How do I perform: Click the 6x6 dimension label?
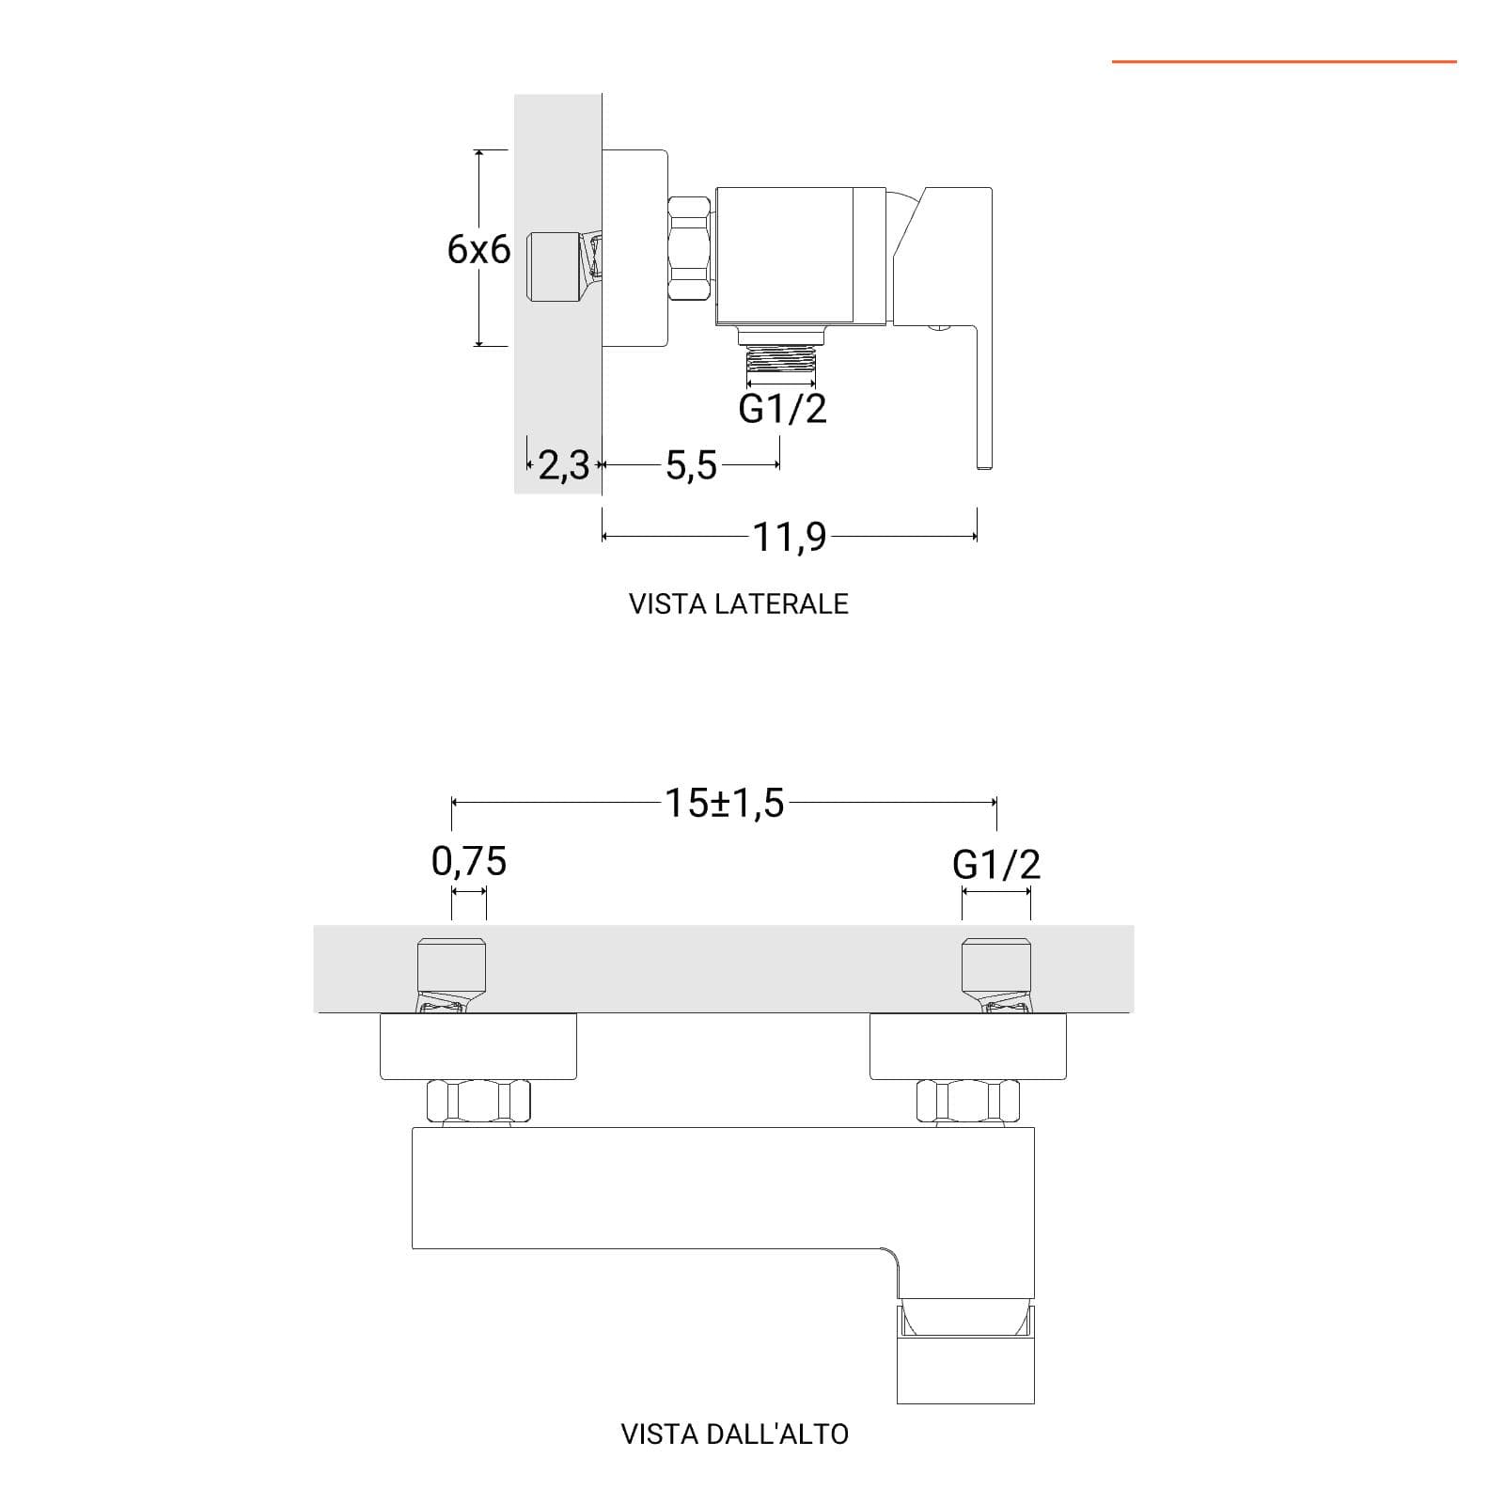(478, 249)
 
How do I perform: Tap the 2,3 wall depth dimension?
(563, 464)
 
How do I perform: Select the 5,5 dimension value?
(691, 465)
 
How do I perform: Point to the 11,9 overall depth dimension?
(790, 537)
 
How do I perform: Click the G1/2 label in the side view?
(782, 409)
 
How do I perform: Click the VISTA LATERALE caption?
(739, 603)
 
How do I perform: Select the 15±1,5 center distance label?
(724, 803)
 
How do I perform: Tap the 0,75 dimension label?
(469, 861)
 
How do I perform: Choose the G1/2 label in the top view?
(996, 864)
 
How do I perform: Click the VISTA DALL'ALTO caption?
(735, 1433)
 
